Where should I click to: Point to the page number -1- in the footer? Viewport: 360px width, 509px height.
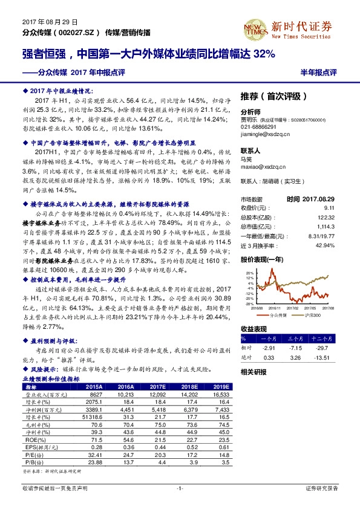(x=180, y=487)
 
